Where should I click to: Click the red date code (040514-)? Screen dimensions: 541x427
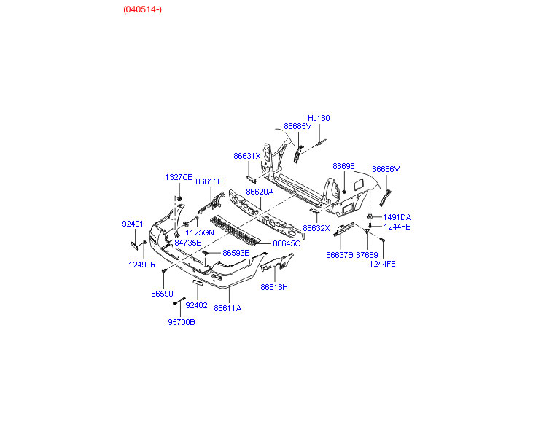(142, 9)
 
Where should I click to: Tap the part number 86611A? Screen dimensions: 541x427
(227, 308)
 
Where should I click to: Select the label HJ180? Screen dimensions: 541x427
(319, 118)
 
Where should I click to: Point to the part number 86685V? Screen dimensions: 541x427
(297, 126)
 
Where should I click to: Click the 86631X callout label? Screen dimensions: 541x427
(247, 156)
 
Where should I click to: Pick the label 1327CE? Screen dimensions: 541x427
(179, 177)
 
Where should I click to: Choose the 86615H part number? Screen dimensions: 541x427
(209, 181)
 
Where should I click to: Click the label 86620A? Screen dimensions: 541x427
(260, 192)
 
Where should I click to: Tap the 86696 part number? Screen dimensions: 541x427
(343, 166)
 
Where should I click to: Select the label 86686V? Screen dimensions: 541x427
(386, 169)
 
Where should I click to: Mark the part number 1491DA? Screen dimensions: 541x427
(397, 217)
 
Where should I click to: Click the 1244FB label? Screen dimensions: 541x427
(397, 227)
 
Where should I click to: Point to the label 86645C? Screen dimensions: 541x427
(287, 243)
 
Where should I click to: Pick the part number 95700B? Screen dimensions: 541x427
(181, 322)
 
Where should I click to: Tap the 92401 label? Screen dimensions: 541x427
(133, 224)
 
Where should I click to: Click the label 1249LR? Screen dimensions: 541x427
(141, 265)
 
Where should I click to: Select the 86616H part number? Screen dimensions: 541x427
(274, 287)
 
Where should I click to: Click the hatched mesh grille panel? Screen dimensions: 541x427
(236, 232)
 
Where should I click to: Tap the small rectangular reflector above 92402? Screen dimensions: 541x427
(198, 283)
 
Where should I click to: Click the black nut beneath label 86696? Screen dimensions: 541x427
(344, 192)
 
